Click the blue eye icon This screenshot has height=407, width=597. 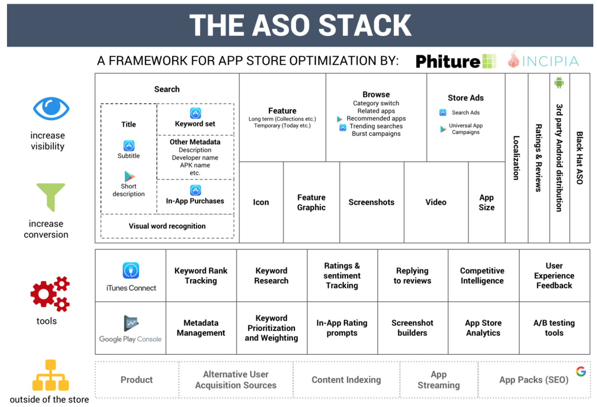(51, 109)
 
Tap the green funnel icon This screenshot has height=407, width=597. (51, 197)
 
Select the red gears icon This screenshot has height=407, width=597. (50, 294)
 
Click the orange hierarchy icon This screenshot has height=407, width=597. (51, 375)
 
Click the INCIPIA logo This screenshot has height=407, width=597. (543, 61)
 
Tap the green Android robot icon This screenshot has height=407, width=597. (559, 83)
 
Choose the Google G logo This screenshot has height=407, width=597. (581, 371)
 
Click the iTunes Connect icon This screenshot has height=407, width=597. (131, 271)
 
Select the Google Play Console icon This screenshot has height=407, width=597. (131, 324)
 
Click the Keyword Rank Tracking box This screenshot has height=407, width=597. (201, 275)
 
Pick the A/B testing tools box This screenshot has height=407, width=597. (554, 328)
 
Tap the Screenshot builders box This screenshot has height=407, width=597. (412, 328)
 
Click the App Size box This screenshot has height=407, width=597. (486, 202)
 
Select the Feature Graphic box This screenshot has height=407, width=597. (311, 202)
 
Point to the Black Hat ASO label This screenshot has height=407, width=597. (580, 158)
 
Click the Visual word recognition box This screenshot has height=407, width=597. (167, 226)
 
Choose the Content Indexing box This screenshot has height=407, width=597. (346, 380)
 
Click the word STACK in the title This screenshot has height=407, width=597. (365, 25)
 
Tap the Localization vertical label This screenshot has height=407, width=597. (516, 158)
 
